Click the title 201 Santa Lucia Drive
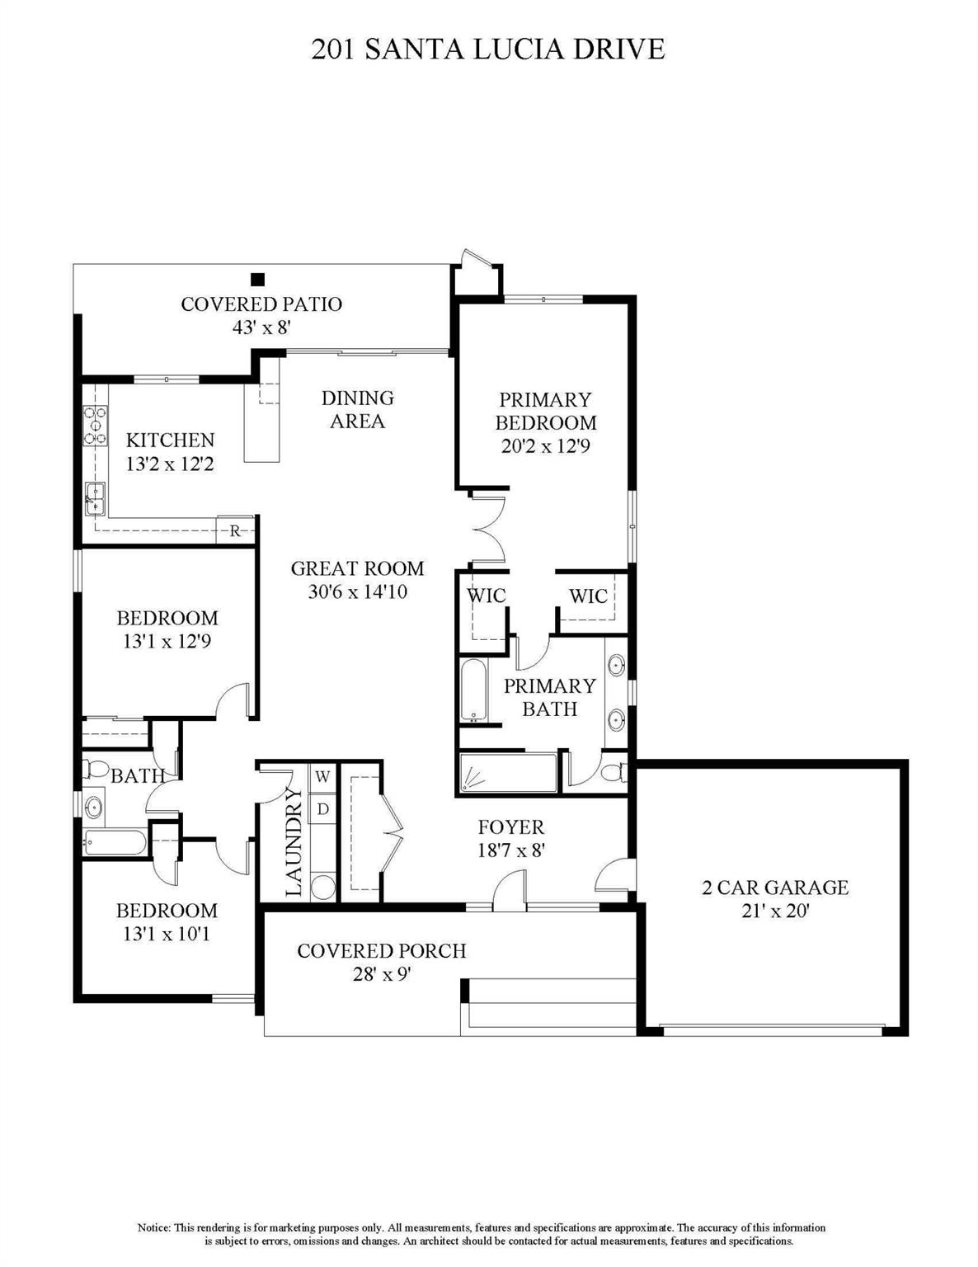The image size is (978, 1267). pos(488,49)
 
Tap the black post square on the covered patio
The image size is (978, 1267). pos(258,280)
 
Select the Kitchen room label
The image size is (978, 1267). pos(170,440)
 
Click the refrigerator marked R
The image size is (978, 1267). pos(235,530)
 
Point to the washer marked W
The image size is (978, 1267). pos(322,777)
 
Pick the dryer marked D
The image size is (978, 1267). pos(322,809)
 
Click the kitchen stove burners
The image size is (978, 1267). pos(95,426)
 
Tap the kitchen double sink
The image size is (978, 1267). pos(94,499)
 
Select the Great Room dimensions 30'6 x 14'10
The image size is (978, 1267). pos(358,592)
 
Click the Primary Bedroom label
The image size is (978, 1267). pos(546,411)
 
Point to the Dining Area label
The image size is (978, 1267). pos(358,409)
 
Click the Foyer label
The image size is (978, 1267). pos(511,827)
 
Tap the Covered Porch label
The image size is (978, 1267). pos(382,951)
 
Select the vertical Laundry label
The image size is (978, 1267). pos(294,842)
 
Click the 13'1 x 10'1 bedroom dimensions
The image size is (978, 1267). pos(167,935)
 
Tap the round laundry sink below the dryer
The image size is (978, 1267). pos(323,887)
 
